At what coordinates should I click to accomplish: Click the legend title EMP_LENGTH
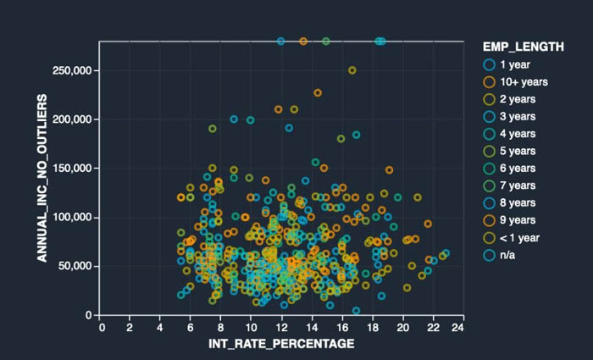[x=523, y=47]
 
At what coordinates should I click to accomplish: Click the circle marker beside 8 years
[x=489, y=203]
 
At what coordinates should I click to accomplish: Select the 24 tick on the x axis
[x=457, y=327]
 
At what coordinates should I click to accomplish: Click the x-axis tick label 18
[x=373, y=327]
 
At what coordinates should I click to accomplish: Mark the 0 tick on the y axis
[x=89, y=315]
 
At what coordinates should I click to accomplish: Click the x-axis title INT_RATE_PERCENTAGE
[x=281, y=344]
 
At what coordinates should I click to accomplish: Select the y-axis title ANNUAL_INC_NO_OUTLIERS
[x=42, y=178]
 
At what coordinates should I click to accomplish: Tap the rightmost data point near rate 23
[x=446, y=253]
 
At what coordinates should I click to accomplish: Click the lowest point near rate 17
[x=356, y=311]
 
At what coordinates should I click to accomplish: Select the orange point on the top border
[x=303, y=42]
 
